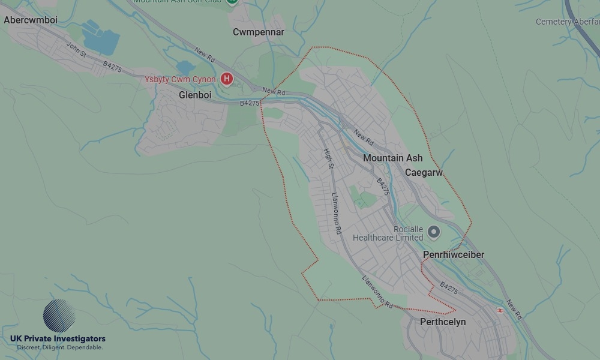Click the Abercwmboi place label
click(31, 20)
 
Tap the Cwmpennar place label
click(259, 32)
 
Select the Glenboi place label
click(195, 95)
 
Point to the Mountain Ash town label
click(392, 158)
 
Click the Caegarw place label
click(424, 173)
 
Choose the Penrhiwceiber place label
click(454, 255)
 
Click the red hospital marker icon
click(227, 79)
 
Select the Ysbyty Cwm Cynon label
click(180, 79)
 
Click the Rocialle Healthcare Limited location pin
click(434, 232)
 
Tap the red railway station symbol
click(500, 310)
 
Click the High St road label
click(328, 159)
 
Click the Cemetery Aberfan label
click(567, 22)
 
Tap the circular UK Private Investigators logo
click(59, 316)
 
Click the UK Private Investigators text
click(58, 339)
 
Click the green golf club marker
click(232, 2)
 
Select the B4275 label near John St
click(112, 66)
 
